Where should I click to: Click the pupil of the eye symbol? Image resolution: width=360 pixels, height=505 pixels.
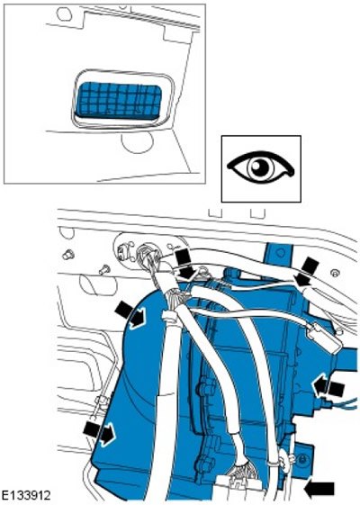pos(259,167)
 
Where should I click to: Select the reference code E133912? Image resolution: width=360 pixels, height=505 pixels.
pos(26,495)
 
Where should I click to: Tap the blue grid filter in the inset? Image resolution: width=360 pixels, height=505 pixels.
pos(120,99)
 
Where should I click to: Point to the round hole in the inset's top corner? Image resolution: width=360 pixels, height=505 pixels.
pos(63,14)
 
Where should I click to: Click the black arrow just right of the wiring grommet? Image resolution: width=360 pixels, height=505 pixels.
pos(186,264)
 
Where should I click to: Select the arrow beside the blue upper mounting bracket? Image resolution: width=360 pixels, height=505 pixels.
pos(307,271)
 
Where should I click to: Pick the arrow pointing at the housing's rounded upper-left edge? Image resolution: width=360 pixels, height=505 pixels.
pos(131,315)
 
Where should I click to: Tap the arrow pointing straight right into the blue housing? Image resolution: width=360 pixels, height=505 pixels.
pos(100,434)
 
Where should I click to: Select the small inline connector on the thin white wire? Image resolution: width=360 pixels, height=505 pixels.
pos(323,338)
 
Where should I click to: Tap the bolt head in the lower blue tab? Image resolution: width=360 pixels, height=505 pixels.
pos(301,460)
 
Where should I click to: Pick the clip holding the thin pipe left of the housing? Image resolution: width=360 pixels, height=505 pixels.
pos(103,403)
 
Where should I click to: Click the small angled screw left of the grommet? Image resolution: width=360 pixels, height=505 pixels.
pos(104,269)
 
